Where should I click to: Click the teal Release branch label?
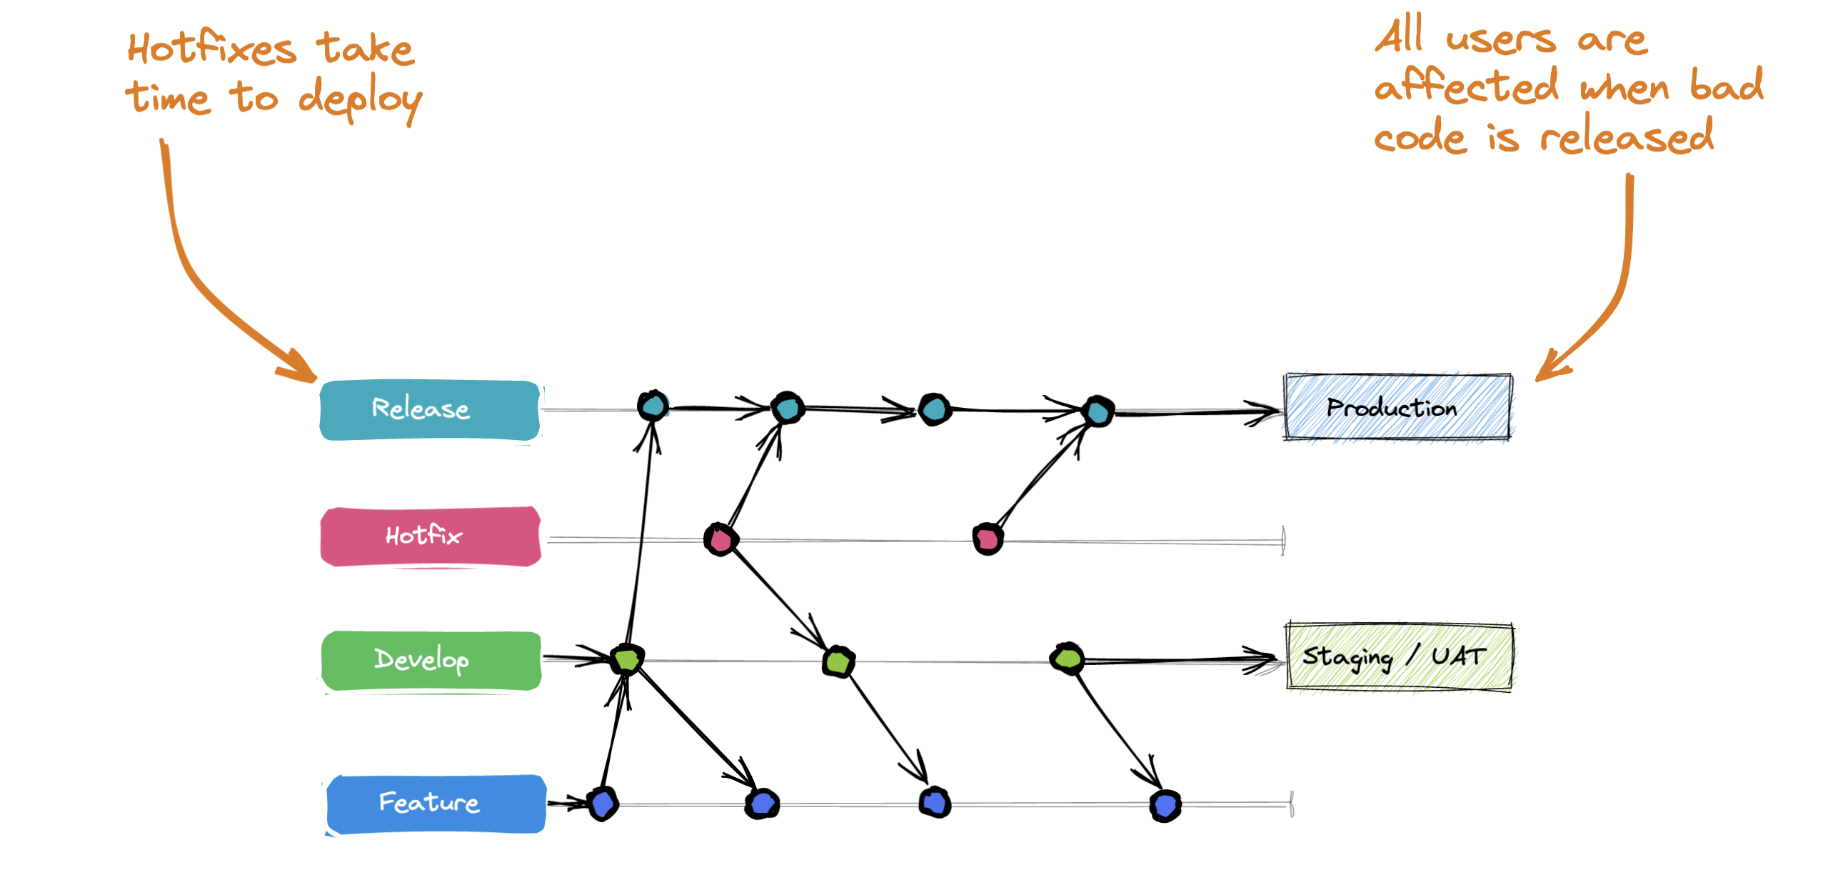click(430, 409)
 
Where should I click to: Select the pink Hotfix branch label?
click(430, 536)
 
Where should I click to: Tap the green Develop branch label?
click(431, 660)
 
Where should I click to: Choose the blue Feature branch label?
click(436, 804)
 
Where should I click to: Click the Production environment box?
click(1397, 407)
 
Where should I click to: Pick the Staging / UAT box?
click(1399, 656)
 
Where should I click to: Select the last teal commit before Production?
click(1098, 411)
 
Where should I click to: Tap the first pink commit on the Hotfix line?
click(720, 539)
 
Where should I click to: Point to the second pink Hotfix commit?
click(988, 539)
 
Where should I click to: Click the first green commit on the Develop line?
click(627, 659)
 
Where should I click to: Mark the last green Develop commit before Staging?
click(1067, 658)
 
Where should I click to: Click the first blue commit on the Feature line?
click(603, 804)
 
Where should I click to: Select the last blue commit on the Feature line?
click(1165, 806)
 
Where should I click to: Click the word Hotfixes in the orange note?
click(212, 49)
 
